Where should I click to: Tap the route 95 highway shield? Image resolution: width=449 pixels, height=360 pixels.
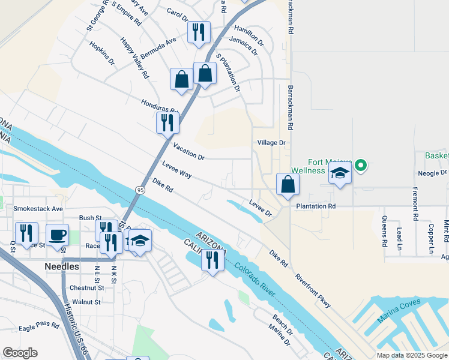140,190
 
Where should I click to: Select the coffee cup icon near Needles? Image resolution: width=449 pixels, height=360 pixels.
58,236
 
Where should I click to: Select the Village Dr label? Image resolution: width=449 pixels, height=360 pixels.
272,143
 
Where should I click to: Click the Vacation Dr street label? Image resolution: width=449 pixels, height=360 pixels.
189,151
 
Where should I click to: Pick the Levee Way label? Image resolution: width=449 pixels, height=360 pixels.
177,169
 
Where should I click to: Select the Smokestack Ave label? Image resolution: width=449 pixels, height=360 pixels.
38,209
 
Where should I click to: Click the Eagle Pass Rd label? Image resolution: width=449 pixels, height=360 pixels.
39,326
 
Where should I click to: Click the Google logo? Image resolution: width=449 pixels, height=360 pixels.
20,353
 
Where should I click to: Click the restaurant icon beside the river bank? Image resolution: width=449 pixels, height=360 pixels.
212,260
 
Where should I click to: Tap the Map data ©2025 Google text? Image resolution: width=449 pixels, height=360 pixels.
411,355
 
